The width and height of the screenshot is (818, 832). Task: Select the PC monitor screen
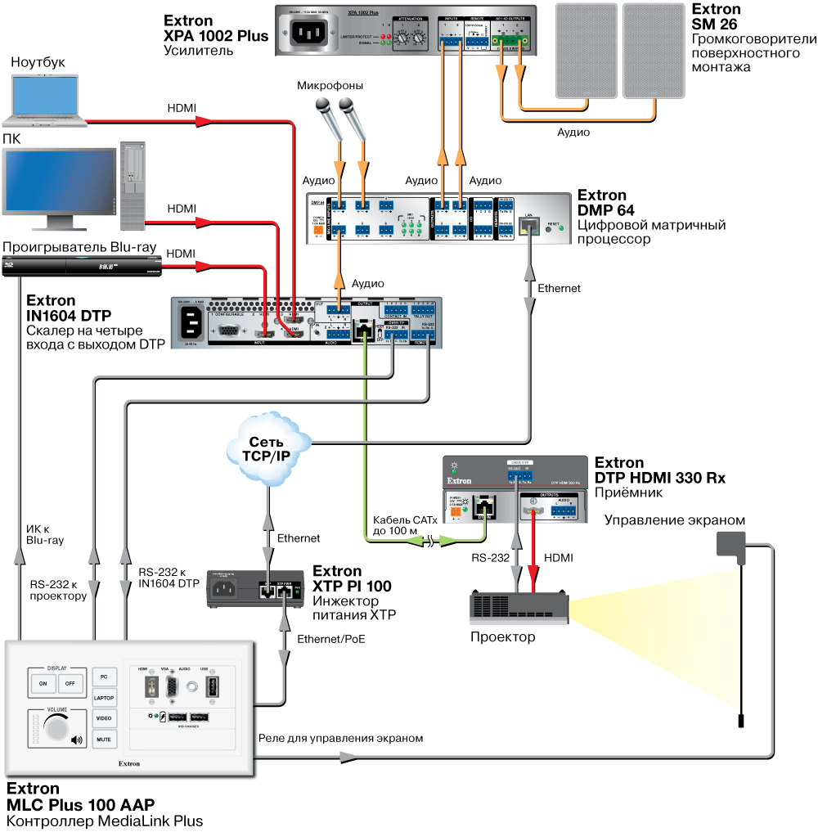click(x=59, y=182)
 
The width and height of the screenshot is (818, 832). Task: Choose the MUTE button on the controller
click(x=105, y=739)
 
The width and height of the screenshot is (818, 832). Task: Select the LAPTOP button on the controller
click(x=105, y=698)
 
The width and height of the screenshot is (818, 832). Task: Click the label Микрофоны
click(x=330, y=86)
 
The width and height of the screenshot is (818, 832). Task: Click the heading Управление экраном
click(x=675, y=519)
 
